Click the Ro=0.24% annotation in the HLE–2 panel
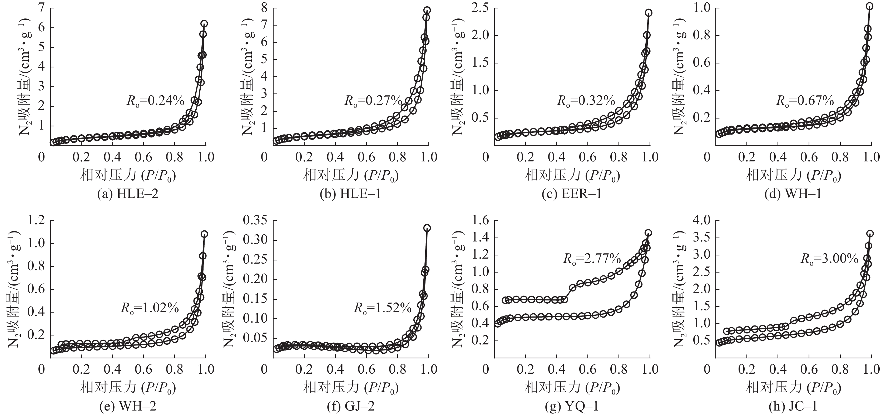coord(156,101)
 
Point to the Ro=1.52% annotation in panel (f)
coord(382,308)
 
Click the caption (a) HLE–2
coord(128,194)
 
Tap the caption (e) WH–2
coord(128,406)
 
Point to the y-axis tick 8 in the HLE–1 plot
coord(264,8)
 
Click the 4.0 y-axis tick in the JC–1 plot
coord(701,220)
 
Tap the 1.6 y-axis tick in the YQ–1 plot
coord(481,220)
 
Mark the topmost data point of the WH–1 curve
coord(869,6)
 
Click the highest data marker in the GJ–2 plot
coord(427,228)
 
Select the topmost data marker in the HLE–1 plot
coord(427,10)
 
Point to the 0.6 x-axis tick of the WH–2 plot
coord(143,369)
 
